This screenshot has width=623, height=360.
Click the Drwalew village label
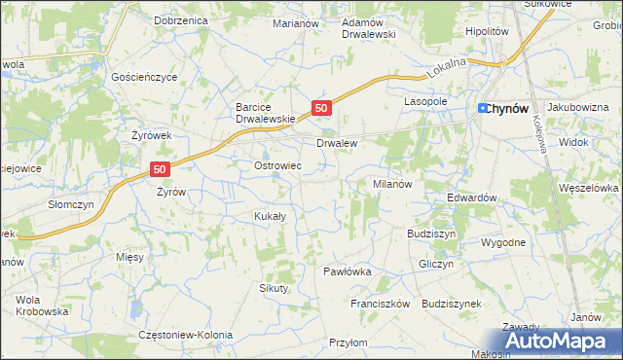337,143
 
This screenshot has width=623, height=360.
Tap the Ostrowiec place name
277,166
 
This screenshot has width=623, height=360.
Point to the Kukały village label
269,216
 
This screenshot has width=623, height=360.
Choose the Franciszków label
382,304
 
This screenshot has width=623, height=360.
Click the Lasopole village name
425,101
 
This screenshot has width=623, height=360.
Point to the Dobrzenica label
181,19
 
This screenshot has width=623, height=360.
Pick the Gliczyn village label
435,264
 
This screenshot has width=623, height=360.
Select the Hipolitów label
488,31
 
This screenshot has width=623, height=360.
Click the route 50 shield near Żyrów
162,168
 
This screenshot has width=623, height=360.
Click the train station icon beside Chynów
483,108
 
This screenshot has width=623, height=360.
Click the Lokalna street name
448,67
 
